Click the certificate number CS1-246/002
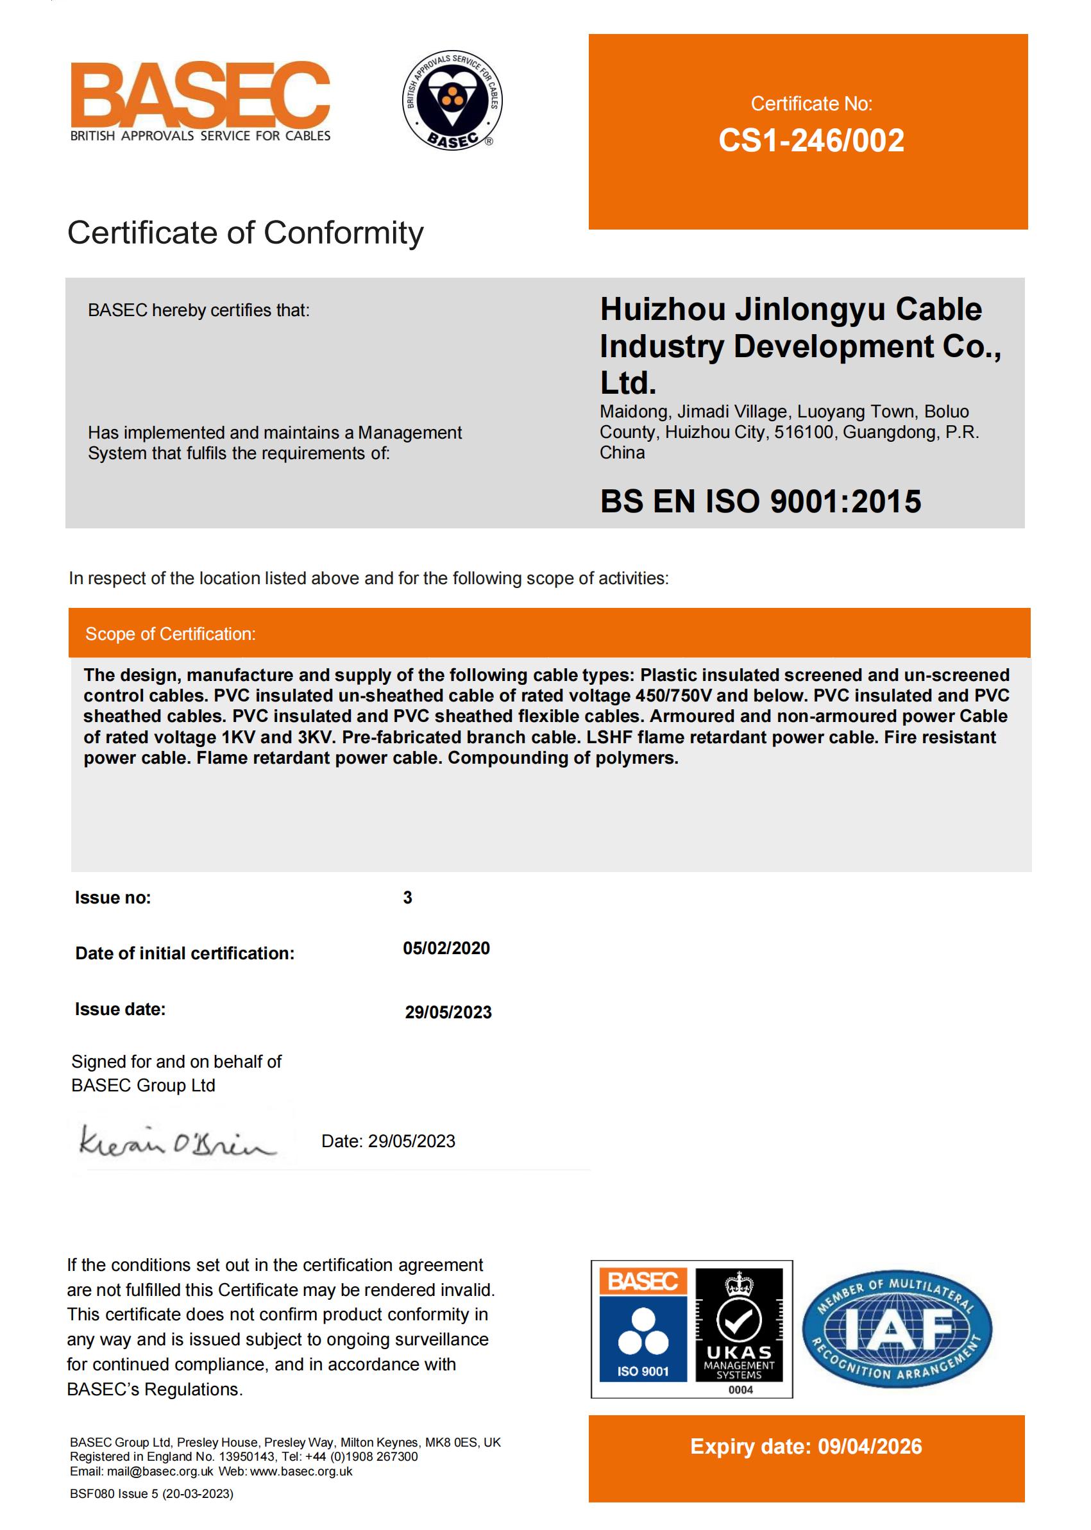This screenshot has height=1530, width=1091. [811, 140]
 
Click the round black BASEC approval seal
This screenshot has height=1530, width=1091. [452, 100]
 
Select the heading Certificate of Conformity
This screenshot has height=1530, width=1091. [245, 233]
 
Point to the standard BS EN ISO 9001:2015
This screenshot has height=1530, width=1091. [760, 501]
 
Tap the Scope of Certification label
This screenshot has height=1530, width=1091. [170, 634]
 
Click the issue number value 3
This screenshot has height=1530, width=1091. [407, 897]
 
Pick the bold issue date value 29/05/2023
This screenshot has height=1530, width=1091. [448, 1012]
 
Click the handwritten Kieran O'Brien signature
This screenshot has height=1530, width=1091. [176, 1141]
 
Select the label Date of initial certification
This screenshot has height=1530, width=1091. [185, 954]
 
